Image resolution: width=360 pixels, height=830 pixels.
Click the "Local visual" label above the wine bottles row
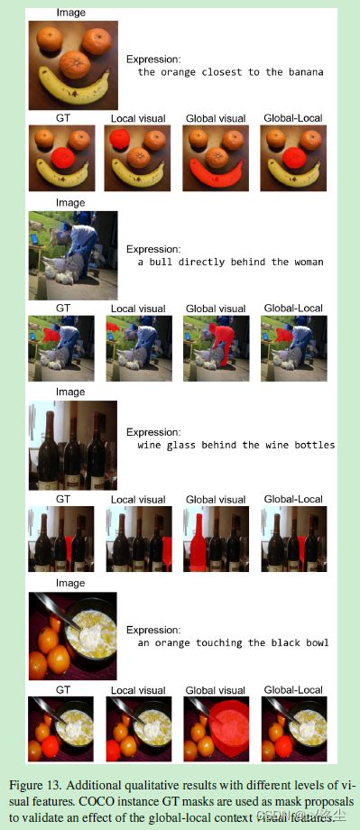coord(136,499)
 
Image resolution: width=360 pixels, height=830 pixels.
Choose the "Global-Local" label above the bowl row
coord(293,690)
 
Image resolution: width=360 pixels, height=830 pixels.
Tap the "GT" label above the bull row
coord(63,308)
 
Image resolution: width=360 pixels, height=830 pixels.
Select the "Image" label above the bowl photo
coord(70,584)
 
